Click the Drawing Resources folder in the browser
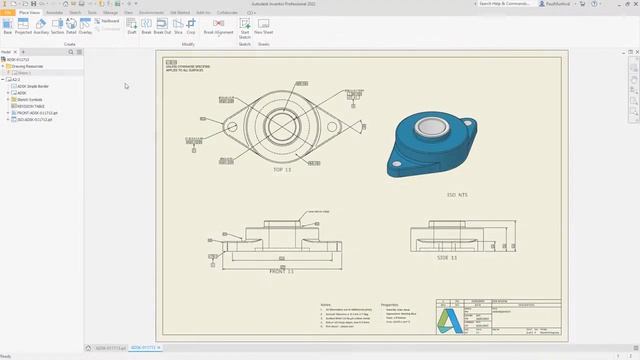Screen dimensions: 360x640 [x=29, y=67]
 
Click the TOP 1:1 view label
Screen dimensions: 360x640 [x=281, y=171]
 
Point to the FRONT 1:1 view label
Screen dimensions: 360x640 [x=284, y=271]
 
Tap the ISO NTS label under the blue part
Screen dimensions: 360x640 [x=458, y=195]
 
